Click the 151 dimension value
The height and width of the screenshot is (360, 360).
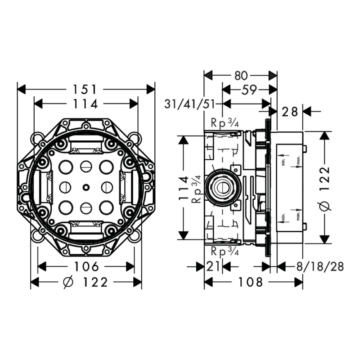(x=86, y=89)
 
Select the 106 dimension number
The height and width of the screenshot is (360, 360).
(x=86, y=266)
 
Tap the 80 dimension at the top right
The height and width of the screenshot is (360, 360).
(x=240, y=75)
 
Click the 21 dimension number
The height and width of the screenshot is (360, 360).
(x=213, y=266)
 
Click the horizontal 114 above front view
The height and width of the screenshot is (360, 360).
(x=86, y=104)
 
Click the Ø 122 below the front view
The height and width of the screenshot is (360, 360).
(x=86, y=282)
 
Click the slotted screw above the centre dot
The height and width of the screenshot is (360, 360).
(x=85, y=166)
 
